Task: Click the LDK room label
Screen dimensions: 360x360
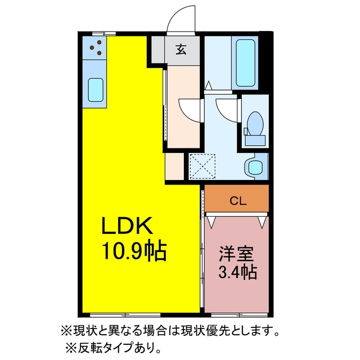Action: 127,226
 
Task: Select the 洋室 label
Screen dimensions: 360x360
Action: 236,254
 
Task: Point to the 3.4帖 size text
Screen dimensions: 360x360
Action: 237,272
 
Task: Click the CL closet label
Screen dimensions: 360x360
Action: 238,201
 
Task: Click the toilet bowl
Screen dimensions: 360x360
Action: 255,124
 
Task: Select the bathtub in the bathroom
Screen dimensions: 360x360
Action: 245,63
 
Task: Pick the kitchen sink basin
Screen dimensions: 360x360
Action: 96,90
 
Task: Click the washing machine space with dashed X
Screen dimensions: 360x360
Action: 202,166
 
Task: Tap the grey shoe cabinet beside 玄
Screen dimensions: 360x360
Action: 158,49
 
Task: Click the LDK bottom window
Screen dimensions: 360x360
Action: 125,315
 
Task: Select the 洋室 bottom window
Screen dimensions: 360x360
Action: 239,315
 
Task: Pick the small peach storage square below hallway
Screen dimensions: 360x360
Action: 174,166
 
